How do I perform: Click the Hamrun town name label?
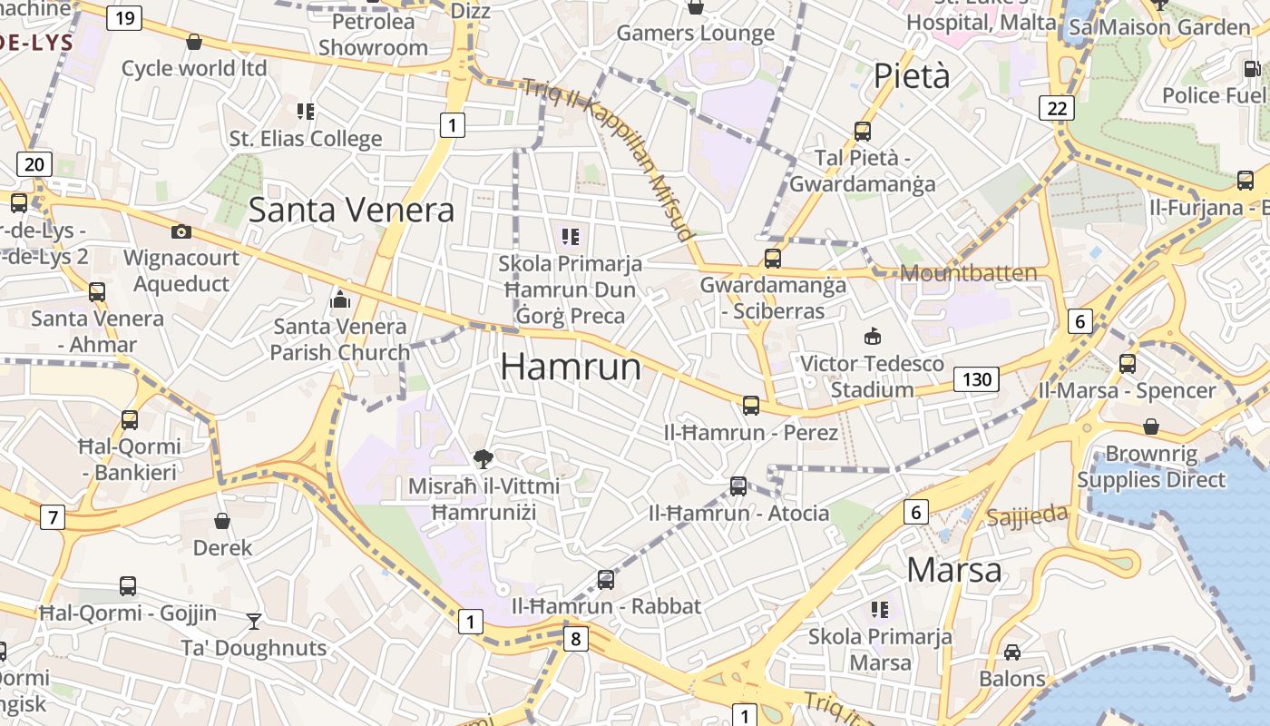point(571,367)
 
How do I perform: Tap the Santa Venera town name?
point(351,210)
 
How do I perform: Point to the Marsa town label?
point(954,570)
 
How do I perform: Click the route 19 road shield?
point(124,17)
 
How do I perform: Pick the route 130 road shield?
point(976,378)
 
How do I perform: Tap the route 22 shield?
point(1057,109)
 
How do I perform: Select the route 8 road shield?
point(575,639)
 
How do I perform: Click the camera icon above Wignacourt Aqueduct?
point(181,231)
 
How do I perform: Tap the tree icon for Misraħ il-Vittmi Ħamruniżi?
point(484,459)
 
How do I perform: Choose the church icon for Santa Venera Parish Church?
point(340,299)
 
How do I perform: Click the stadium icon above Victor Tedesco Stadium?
point(873,337)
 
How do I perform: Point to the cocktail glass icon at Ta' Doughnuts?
point(254,622)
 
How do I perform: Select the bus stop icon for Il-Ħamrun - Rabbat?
point(606,580)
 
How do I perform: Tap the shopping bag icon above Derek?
point(222,521)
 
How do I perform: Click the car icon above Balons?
point(1012,652)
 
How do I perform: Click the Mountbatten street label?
point(968,273)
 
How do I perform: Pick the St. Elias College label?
point(306,139)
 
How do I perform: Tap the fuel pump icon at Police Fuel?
point(1251,68)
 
